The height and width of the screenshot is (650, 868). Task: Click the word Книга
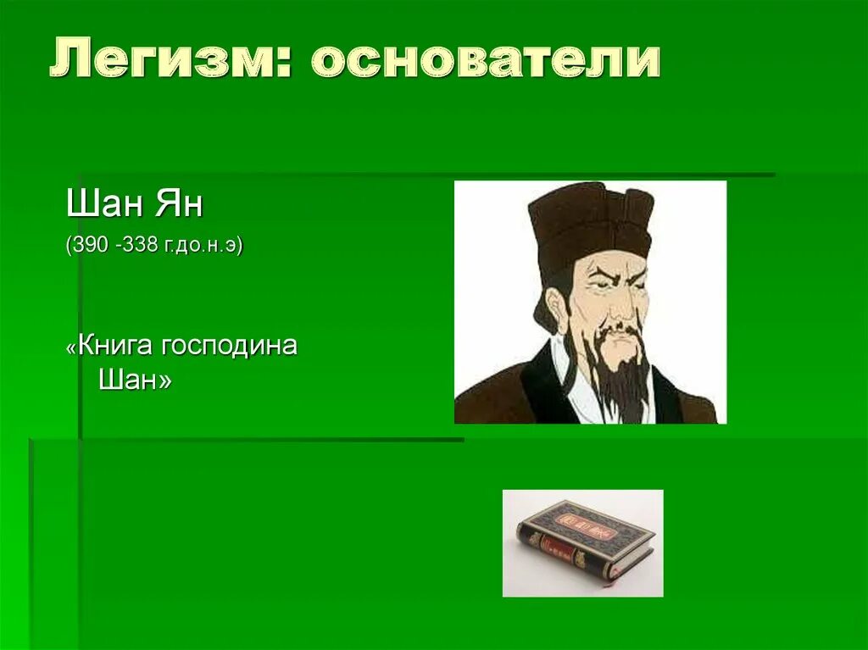[x=118, y=347]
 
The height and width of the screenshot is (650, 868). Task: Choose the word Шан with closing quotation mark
[x=135, y=381]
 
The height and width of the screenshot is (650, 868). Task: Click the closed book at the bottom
[x=585, y=541]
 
